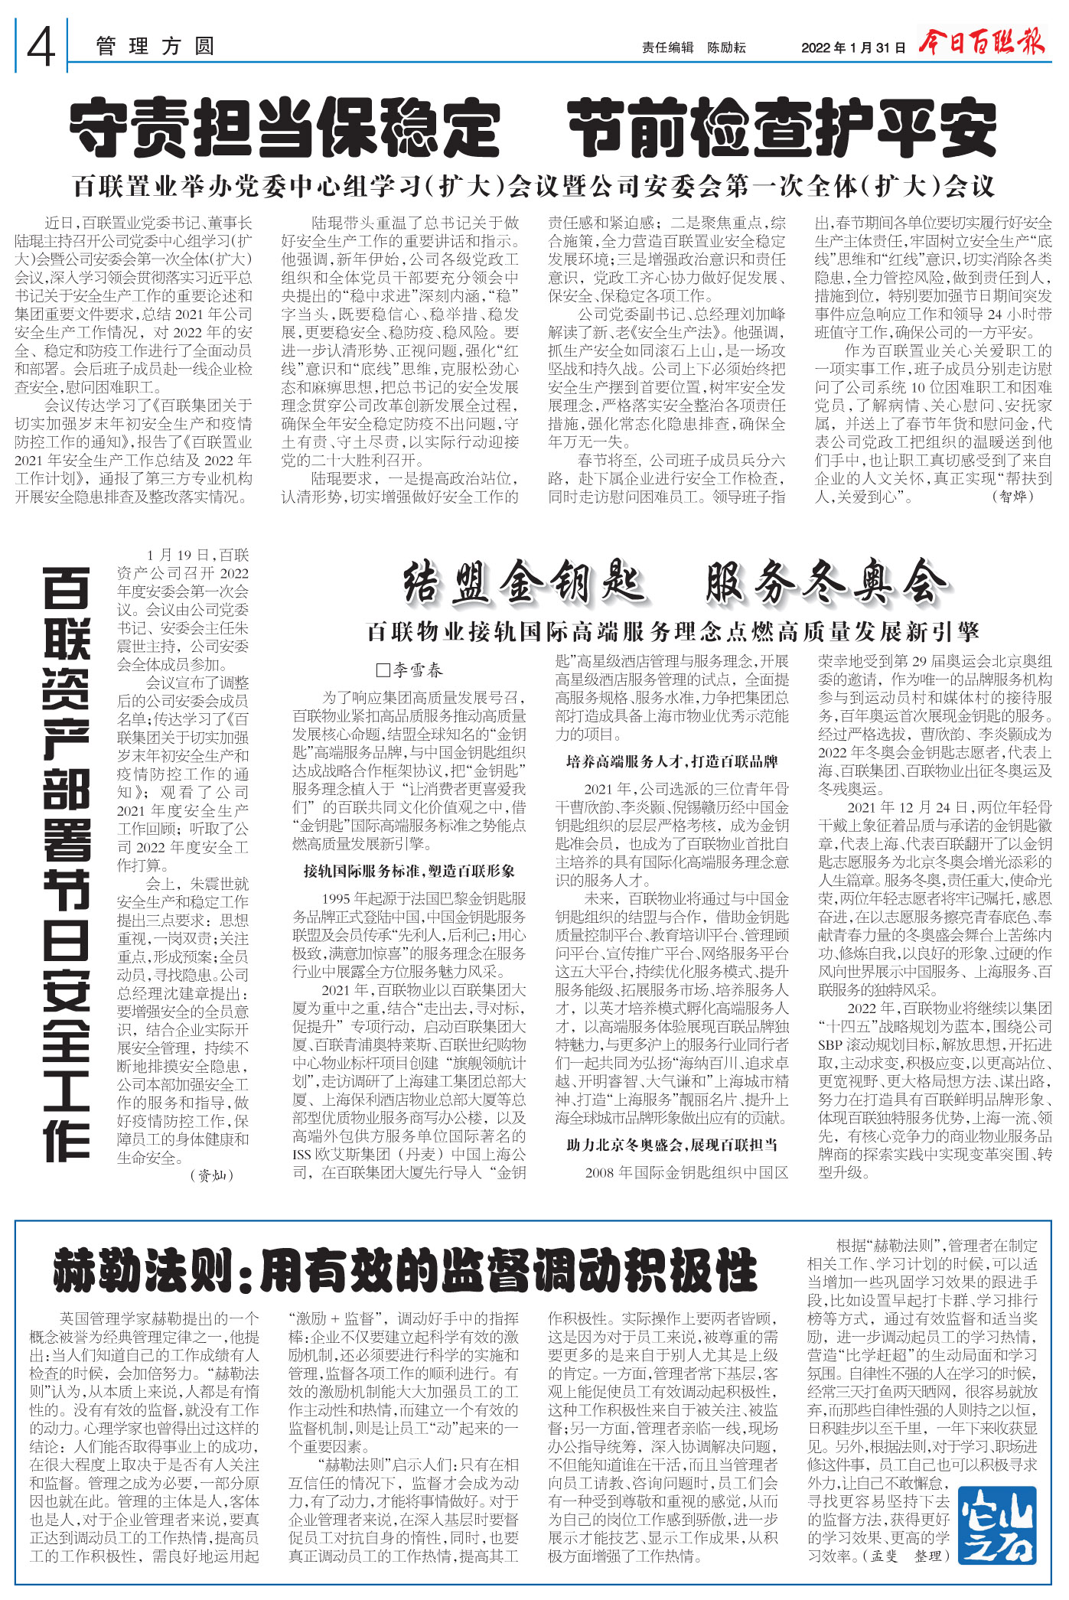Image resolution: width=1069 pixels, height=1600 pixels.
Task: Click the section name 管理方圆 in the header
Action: click(155, 47)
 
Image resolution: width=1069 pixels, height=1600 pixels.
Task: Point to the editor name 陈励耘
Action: click(726, 47)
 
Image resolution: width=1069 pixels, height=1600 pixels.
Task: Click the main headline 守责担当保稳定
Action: click(285, 128)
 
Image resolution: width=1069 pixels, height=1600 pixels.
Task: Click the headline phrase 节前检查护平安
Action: click(782, 128)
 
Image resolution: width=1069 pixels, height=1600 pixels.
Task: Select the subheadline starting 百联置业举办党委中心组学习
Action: click(533, 186)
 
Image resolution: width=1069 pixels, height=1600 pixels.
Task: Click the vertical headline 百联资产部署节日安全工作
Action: click(67, 864)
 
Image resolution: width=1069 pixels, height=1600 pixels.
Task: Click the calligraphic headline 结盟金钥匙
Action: click(524, 584)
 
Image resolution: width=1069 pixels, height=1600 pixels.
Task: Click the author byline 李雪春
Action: click(411, 670)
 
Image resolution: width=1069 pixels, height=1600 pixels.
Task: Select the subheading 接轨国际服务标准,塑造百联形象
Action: click(409, 871)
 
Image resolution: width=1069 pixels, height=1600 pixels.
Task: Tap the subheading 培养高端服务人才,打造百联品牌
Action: click(672, 761)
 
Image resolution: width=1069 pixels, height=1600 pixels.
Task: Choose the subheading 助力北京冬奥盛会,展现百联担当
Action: click(672, 1145)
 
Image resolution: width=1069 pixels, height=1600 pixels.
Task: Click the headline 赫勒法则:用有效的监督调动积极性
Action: click(406, 1271)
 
